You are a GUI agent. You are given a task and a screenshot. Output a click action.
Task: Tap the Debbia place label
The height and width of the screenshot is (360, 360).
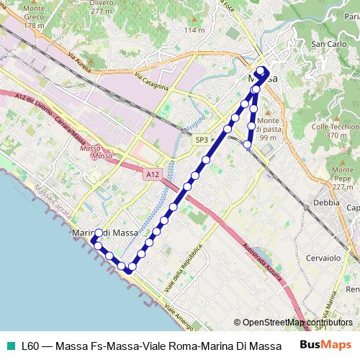[326, 202]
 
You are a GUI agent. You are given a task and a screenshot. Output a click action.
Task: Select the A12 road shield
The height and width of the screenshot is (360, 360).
[151, 174]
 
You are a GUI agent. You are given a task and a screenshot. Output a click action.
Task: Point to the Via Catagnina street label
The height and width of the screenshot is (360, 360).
[150, 84]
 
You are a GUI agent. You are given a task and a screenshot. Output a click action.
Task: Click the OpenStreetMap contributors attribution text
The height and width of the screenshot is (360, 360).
[297, 323]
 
